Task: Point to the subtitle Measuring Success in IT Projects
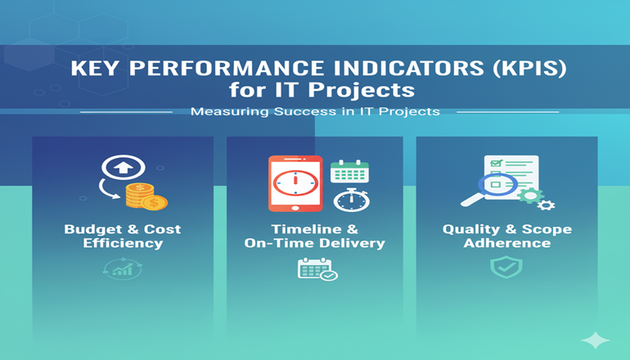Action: [315, 111]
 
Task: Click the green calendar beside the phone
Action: [349, 171]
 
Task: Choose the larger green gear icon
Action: [530, 197]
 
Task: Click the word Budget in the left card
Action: [92, 229]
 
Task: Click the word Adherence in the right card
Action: [506, 243]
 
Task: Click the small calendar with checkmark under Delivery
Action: [317, 269]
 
